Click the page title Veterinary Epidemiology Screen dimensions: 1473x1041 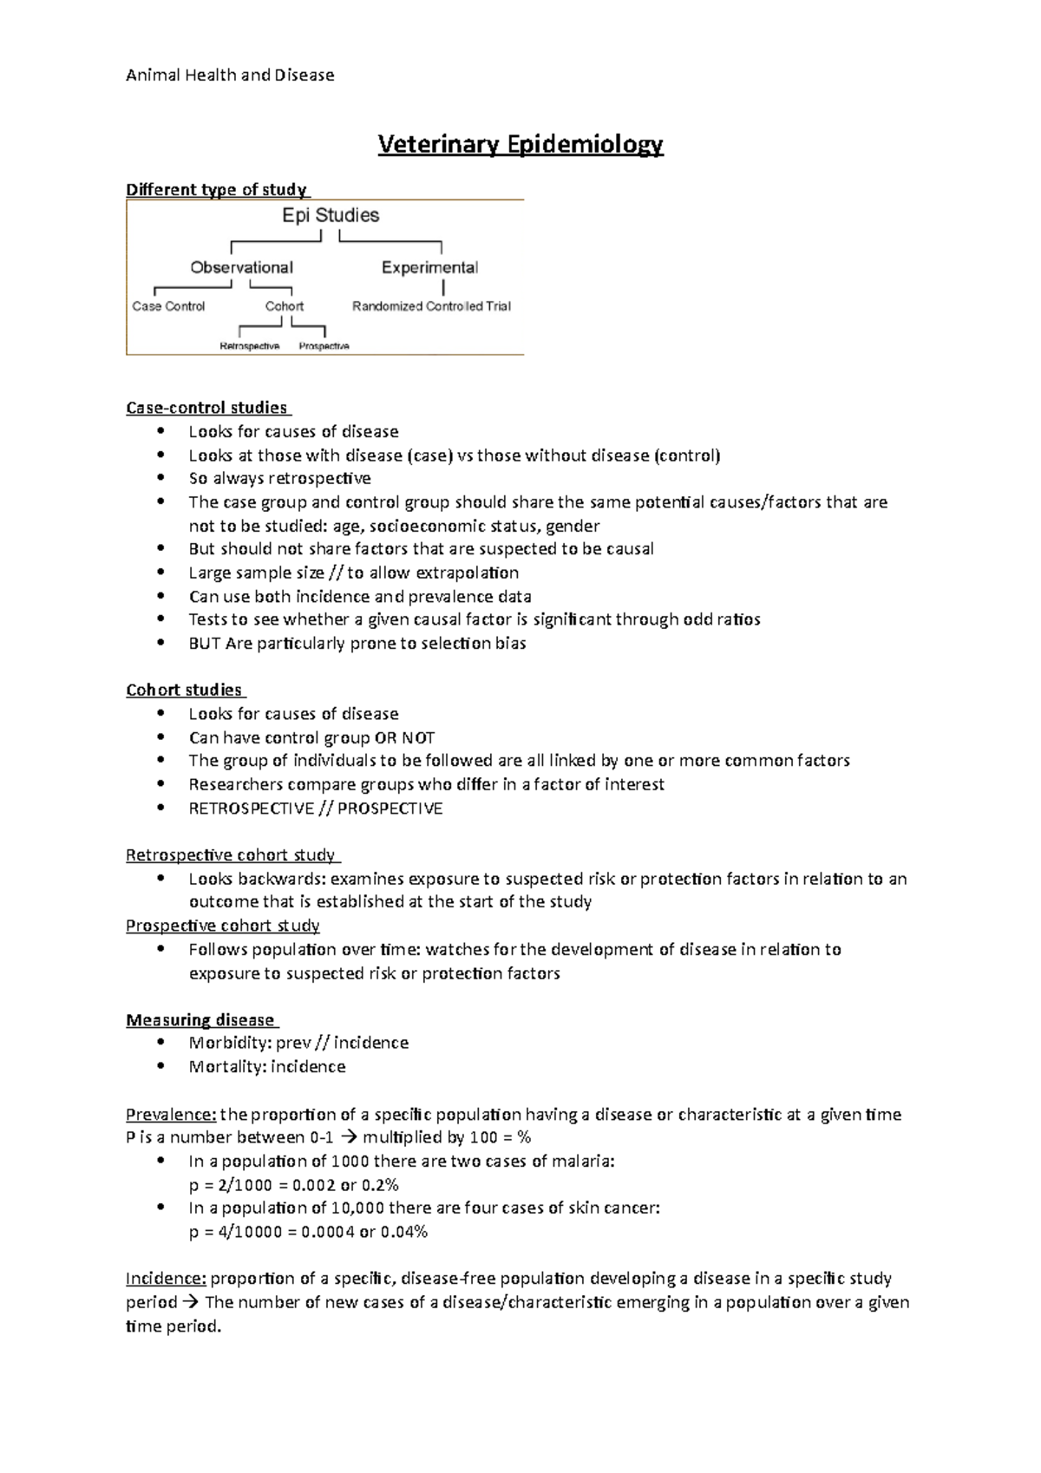(520, 144)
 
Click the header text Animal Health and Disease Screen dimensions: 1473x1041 (230, 75)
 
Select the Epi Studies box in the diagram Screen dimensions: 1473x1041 (331, 215)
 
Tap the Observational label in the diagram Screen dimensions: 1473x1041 (241, 267)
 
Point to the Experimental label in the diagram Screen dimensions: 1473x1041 (429, 267)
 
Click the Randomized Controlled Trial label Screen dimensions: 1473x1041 (431, 306)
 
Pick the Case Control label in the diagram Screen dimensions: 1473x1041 (168, 306)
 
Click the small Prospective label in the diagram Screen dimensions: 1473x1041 (324, 346)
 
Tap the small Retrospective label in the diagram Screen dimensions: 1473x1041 (250, 346)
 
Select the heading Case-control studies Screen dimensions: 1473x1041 (206, 408)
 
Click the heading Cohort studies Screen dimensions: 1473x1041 (184, 690)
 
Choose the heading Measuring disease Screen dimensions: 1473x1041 (200, 1020)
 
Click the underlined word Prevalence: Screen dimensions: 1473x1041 (170, 1115)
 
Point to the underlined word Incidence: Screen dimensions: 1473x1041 (166, 1279)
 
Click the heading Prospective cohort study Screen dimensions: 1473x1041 (223, 926)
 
